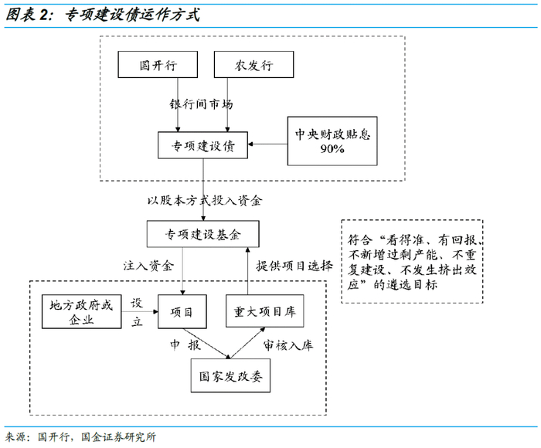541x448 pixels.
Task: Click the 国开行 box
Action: coord(158,65)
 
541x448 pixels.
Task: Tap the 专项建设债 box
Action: coord(202,144)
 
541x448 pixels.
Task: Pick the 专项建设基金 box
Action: coord(202,234)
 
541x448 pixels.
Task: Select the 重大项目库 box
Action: coord(264,311)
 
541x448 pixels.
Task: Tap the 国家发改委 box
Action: coord(230,378)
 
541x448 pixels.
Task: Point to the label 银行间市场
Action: coord(202,104)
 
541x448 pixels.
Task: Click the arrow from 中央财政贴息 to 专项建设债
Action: coord(267,144)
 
